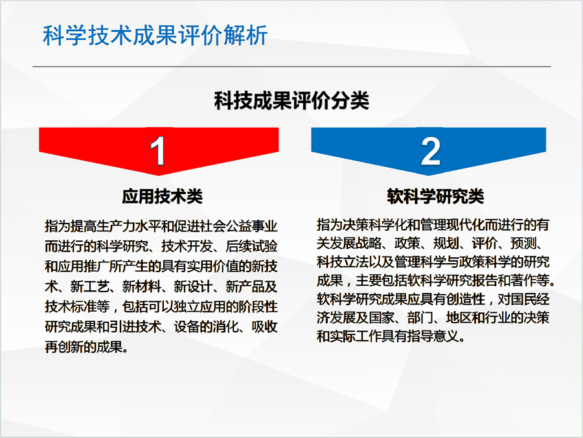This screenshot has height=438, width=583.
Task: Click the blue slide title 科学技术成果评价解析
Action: pyautogui.click(x=155, y=36)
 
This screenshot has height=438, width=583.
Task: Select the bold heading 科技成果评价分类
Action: pyautogui.click(x=291, y=100)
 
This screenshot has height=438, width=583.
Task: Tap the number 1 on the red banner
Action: pyautogui.click(x=158, y=150)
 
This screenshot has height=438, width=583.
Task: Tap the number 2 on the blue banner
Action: pyautogui.click(x=431, y=151)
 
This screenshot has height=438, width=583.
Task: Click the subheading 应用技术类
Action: pyautogui.click(x=162, y=196)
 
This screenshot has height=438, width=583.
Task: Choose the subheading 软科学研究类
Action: pyautogui.click(x=435, y=196)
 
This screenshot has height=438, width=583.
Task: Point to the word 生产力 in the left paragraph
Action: pyautogui.click(x=115, y=226)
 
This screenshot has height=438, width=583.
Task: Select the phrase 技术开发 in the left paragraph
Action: pyautogui.click(x=187, y=246)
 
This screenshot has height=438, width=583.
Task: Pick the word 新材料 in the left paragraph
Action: pyautogui.click(x=142, y=286)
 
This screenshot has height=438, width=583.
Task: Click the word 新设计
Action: pyautogui.click(x=193, y=286)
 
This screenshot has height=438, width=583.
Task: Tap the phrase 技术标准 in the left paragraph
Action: pyautogui.click(x=71, y=306)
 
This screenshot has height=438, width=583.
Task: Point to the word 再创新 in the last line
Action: pyautogui.click(x=64, y=347)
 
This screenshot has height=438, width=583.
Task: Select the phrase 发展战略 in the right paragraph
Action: pyautogui.click(x=356, y=243)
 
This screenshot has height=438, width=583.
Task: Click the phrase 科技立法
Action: pyautogui.click(x=343, y=262)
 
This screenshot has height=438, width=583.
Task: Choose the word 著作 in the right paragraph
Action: pyautogui.click(x=523, y=281)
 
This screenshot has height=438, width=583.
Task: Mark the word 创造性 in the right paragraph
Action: pyautogui.click(x=466, y=299)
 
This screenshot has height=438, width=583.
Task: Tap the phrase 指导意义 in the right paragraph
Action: pyautogui.click(x=433, y=336)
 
